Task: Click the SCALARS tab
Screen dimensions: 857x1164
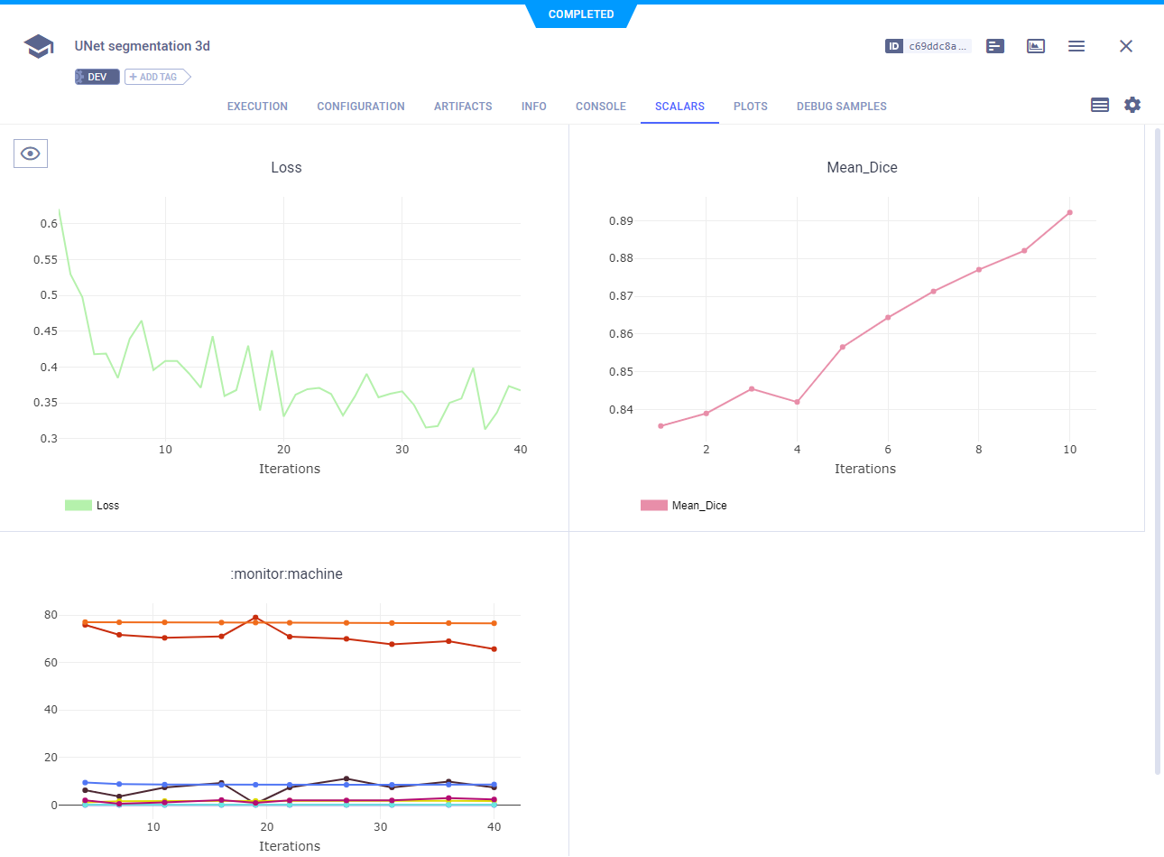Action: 679,107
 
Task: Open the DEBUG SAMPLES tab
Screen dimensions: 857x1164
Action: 841,107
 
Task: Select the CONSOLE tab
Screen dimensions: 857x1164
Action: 600,107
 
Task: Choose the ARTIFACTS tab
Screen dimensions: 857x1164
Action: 463,107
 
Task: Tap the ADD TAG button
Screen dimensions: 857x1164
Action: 157,78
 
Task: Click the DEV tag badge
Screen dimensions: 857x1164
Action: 97,78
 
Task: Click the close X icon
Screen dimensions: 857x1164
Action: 1125,46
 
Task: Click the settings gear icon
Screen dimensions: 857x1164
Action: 1132,105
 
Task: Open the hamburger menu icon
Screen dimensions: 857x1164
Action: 1076,46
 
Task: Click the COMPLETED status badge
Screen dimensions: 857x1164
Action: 581,14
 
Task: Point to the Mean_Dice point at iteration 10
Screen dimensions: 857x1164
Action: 1069,213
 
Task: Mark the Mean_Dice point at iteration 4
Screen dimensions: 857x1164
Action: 797,402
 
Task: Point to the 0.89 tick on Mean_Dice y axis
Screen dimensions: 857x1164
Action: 621,221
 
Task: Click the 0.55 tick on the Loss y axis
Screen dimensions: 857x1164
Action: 45,260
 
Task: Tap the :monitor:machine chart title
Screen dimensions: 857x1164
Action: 287,574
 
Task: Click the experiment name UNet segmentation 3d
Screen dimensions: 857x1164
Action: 143,46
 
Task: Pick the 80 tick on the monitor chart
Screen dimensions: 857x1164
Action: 51,615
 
